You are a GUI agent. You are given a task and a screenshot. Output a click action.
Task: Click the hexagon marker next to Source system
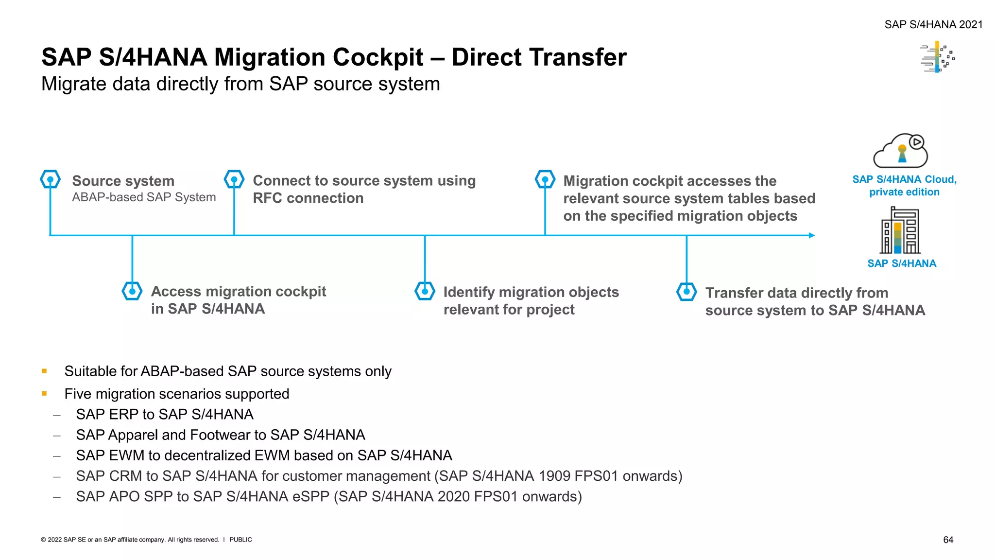[x=50, y=179]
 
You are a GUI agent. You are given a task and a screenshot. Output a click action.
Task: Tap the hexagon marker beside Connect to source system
[x=234, y=179]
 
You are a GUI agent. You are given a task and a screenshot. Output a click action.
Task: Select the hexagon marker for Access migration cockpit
[x=132, y=291]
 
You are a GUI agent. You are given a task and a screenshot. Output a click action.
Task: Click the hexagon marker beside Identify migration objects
[x=425, y=291]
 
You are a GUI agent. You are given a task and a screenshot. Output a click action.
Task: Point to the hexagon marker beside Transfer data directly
[x=686, y=292]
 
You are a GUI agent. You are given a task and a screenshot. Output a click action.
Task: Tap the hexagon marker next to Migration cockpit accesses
[x=545, y=179]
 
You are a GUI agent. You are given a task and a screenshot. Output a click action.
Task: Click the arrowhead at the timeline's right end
[x=811, y=235]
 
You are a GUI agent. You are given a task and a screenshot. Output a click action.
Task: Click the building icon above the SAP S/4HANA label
[x=901, y=230]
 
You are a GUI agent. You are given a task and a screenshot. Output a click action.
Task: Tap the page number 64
[x=948, y=540]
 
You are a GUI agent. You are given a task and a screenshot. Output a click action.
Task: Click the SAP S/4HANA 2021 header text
[x=933, y=24]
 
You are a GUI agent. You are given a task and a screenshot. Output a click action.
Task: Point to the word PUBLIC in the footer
[x=240, y=540]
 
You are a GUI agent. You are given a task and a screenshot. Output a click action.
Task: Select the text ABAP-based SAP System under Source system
[x=144, y=197]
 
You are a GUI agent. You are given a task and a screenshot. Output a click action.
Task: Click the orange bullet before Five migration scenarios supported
[x=45, y=393]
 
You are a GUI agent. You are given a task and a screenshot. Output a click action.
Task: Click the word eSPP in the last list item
[x=310, y=496]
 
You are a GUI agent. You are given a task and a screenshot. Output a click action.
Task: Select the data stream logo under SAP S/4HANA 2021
[x=938, y=57]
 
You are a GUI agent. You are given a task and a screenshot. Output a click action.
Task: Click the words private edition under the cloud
[x=904, y=192]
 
